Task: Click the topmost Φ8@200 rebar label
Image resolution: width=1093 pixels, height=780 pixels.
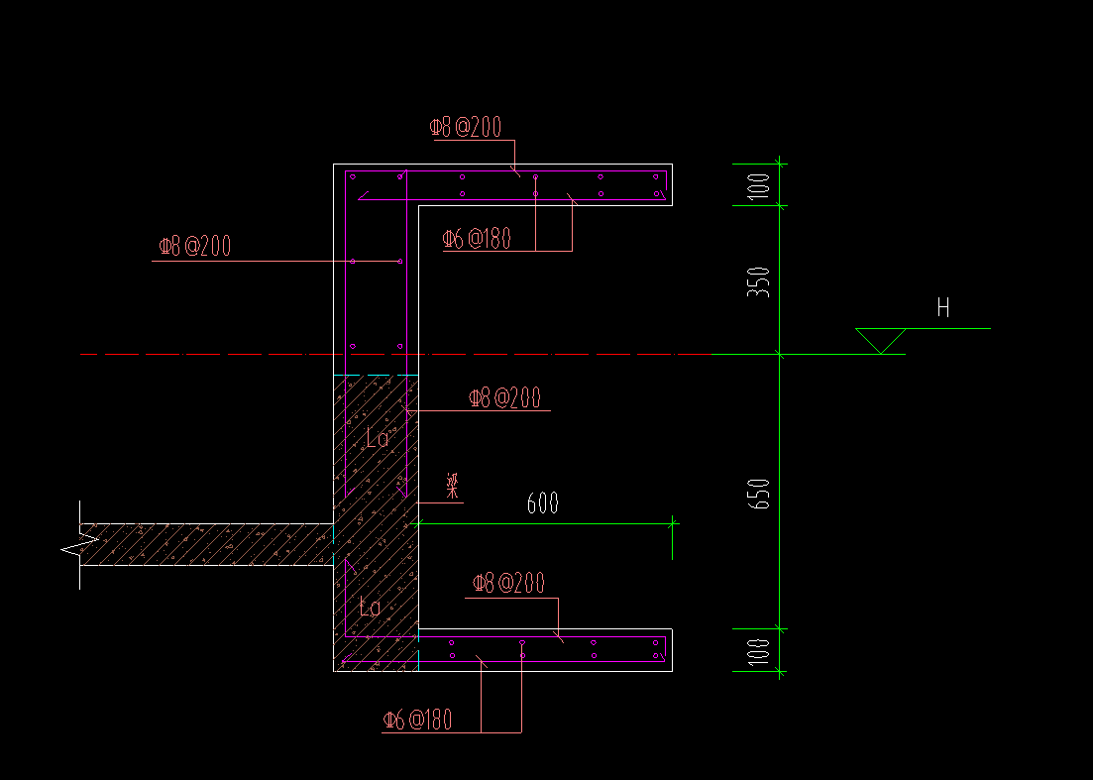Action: coord(465,127)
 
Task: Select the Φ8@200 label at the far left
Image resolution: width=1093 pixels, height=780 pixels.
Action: coord(194,247)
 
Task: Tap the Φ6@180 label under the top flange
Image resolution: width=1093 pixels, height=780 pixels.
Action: coord(477,239)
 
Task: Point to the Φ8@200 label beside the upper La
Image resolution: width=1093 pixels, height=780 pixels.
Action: coord(504,398)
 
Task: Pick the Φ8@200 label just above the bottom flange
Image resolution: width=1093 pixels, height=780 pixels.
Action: coord(508,584)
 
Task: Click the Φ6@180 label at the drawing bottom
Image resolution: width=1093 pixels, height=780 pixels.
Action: coord(417,720)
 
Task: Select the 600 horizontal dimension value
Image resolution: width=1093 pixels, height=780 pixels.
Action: coord(542,504)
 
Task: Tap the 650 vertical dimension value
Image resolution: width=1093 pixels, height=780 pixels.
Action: coord(761,494)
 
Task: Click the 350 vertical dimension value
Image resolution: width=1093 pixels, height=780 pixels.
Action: coord(761,282)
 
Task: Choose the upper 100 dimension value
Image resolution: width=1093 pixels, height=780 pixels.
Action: coord(761,185)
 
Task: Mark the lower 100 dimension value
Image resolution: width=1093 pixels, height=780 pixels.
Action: coord(761,651)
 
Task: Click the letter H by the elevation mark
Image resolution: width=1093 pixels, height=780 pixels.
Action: coord(943,308)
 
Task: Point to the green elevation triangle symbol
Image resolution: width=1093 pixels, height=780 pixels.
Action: coord(880,340)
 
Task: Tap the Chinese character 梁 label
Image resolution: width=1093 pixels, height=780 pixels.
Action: coord(452,486)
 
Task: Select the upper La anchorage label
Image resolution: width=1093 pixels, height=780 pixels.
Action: coord(378,438)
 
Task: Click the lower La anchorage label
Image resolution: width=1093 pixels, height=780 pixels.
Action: coord(370,608)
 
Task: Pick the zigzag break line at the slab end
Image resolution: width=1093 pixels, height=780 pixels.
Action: coord(79,544)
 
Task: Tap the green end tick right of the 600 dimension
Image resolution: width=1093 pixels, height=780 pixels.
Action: coord(673,524)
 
